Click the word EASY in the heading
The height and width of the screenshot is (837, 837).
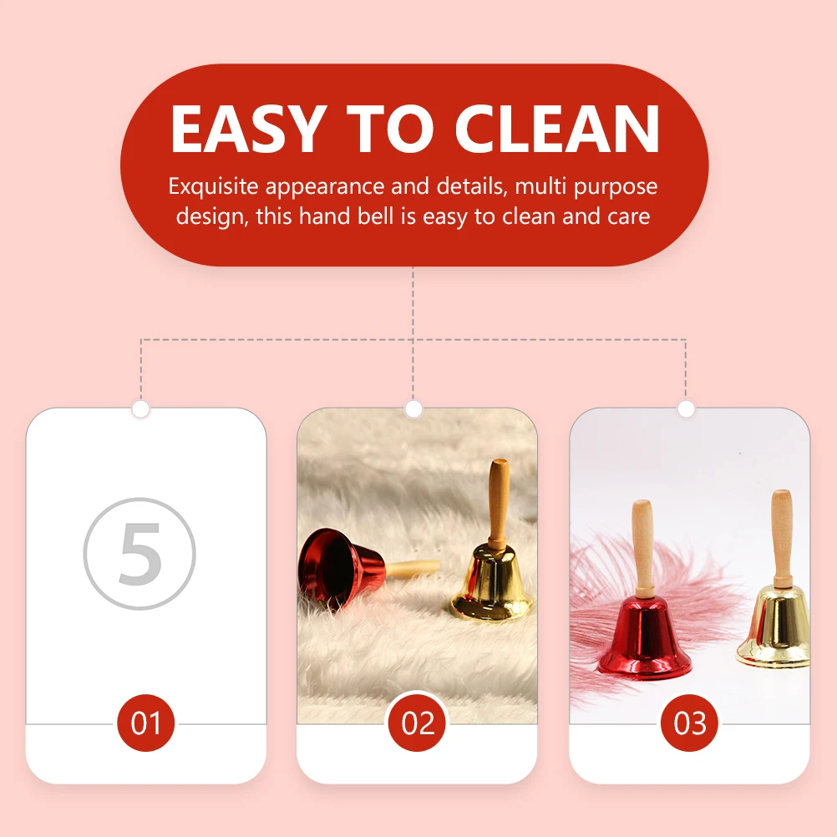pyautogui.click(x=247, y=129)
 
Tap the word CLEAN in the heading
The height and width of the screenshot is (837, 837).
pyautogui.click(x=557, y=129)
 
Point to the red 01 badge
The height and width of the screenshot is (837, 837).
pyautogui.click(x=145, y=723)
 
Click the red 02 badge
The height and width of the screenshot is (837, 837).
pyautogui.click(x=418, y=723)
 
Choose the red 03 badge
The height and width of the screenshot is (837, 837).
pyautogui.click(x=690, y=723)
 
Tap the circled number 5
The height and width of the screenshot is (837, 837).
pyautogui.click(x=139, y=552)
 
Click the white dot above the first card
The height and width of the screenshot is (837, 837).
pyautogui.click(x=141, y=409)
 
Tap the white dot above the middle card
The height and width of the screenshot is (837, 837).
pyautogui.click(x=413, y=409)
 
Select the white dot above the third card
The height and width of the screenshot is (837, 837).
pyautogui.click(x=686, y=409)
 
